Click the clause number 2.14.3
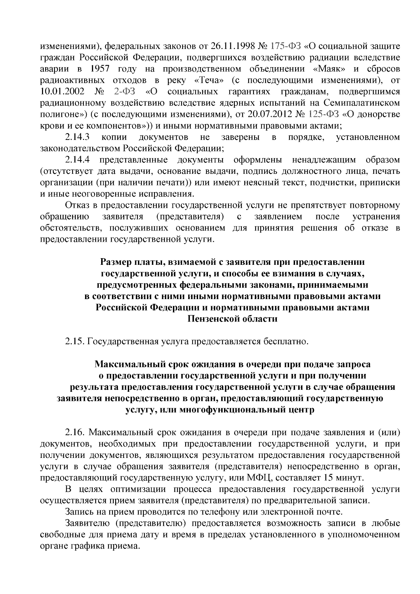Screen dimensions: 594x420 tap(78, 137)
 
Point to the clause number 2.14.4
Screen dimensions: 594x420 tap(78, 160)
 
